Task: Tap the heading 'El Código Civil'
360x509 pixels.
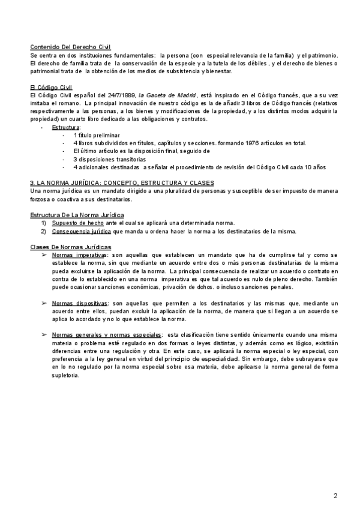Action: coord(51,87)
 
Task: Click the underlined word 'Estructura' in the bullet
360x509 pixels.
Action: coord(66,128)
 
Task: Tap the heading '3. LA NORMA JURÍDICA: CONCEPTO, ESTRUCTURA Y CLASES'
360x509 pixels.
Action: coord(122,182)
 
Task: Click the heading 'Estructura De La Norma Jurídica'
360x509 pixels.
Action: coord(77,214)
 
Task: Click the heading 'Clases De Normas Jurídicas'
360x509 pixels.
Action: coord(71,247)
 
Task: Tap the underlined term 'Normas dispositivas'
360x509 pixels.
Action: coord(80,303)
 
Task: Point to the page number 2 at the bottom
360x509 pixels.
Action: coord(335,496)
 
